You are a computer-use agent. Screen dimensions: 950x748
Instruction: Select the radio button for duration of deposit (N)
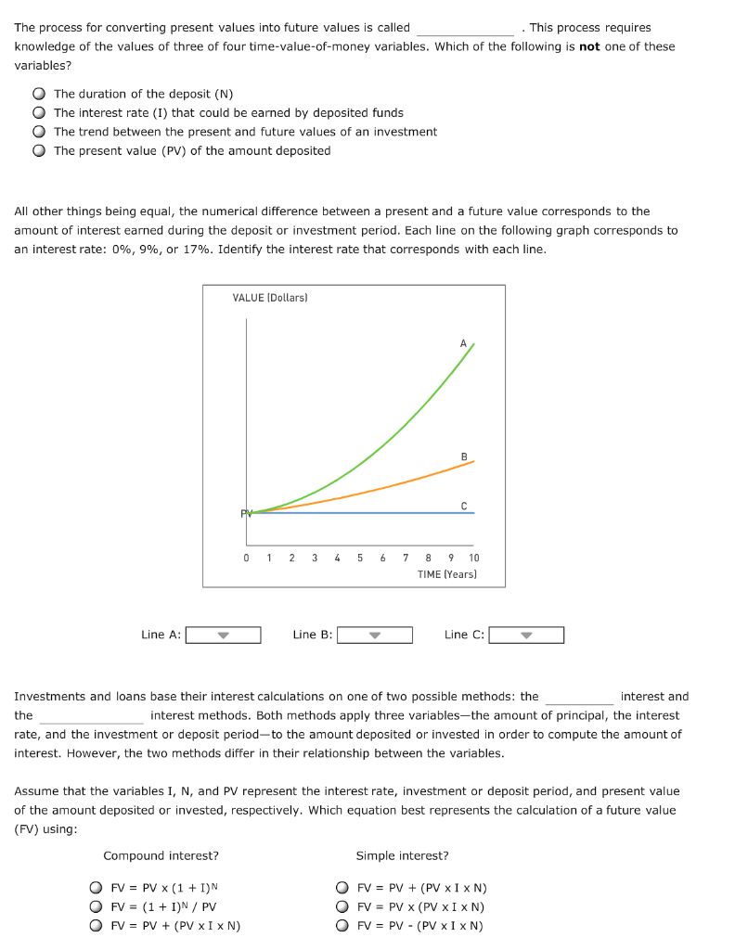tap(39, 94)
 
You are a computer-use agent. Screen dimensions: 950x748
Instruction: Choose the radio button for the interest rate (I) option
tap(39, 112)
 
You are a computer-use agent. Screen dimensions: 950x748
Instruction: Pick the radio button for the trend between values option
tap(39, 132)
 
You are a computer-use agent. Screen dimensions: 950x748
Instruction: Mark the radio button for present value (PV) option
tap(39, 150)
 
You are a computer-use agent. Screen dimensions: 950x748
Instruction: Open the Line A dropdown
tap(223, 635)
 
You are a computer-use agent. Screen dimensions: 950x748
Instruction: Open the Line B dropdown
tap(374, 635)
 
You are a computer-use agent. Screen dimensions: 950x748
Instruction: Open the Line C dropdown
tap(526, 635)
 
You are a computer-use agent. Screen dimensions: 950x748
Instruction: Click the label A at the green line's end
tap(463, 343)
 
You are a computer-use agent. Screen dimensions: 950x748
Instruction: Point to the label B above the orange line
tap(463, 456)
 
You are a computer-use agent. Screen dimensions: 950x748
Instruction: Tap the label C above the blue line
tap(463, 505)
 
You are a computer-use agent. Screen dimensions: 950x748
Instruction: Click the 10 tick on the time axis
tap(473, 558)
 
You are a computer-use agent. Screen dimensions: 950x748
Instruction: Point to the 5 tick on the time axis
tap(359, 558)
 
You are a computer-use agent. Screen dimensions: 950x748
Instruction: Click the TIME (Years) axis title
tap(447, 574)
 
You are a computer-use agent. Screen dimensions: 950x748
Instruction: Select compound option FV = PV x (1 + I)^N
tap(96, 887)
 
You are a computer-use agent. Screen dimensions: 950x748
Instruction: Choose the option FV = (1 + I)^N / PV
tap(96, 906)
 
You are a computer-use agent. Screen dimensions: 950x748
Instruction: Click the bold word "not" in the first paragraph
tap(589, 46)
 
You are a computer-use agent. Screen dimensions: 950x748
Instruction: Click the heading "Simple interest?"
tap(402, 855)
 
